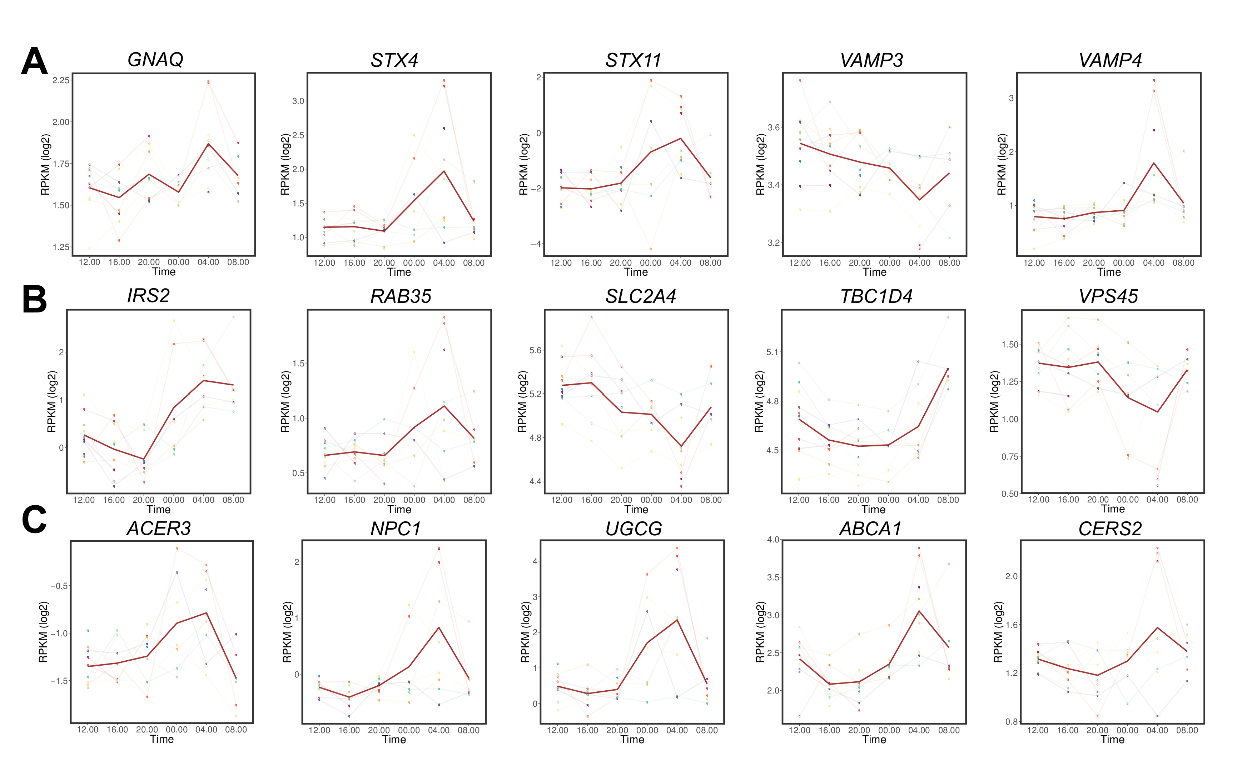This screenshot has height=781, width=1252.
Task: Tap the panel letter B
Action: point(34,300)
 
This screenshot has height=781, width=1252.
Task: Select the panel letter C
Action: point(34,520)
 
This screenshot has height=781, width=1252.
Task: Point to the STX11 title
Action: point(633,60)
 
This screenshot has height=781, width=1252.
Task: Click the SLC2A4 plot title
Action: point(641,296)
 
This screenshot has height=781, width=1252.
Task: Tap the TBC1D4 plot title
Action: point(876,296)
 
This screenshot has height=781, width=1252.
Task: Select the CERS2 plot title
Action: point(1110,529)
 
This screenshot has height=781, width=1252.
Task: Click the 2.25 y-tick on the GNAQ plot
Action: point(61,80)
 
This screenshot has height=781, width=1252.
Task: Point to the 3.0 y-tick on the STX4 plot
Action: point(298,101)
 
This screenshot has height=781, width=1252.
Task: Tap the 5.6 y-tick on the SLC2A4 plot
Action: point(535,350)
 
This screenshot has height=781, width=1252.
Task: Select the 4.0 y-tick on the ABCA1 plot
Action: point(773,540)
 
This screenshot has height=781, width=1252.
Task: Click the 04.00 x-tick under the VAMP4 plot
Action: point(1153,263)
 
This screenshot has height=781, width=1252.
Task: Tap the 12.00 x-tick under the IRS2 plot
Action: point(84,500)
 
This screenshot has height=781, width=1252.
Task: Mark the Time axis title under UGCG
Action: point(632,740)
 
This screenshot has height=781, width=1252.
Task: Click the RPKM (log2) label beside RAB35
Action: point(285,402)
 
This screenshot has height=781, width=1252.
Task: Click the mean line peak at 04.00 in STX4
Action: point(444,171)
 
